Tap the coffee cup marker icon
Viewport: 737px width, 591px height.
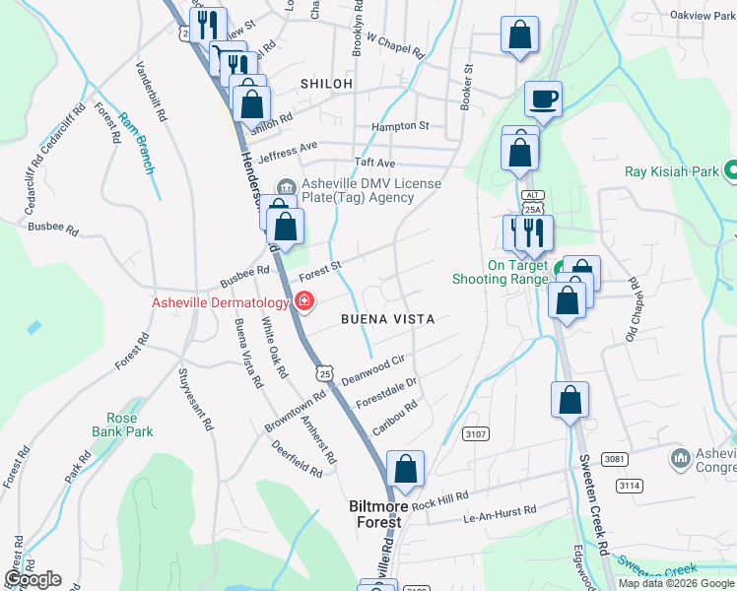point(543,99)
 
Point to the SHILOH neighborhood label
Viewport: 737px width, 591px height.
point(328,84)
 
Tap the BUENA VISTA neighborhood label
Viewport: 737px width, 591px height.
point(387,319)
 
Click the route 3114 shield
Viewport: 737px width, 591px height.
point(630,486)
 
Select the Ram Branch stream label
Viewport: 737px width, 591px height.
point(136,143)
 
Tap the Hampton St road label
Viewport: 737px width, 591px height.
point(400,126)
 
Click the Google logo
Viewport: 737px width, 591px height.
point(33,578)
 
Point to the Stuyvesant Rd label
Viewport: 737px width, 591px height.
point(195,400)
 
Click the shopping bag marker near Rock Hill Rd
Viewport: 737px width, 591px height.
point(405,470)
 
